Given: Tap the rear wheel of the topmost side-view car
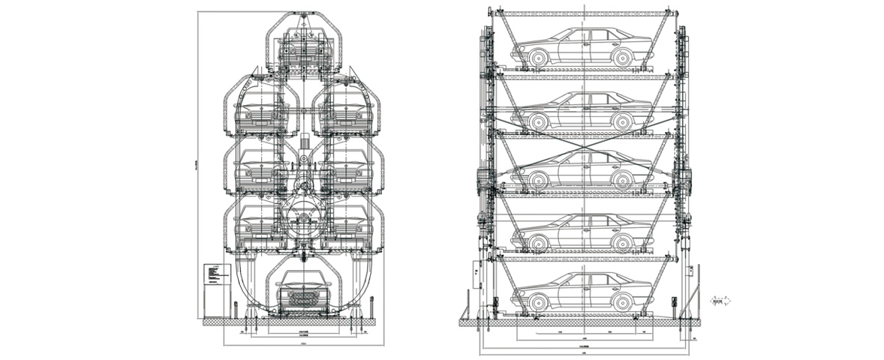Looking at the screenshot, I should (x=621, y=55).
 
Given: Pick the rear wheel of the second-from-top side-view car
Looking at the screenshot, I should (x=621, y=120).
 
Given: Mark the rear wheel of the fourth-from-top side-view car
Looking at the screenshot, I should (x=621, y=240).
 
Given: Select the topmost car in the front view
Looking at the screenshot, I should (x=305, y=49).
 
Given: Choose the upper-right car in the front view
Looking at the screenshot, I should (x=347, y=111).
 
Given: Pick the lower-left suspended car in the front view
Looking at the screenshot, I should (x=258, y=222).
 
